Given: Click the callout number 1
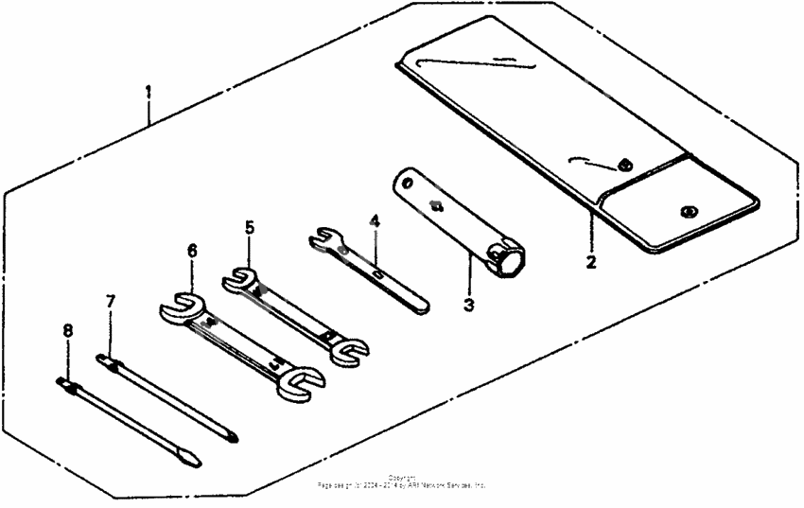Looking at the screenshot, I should pos(148,92).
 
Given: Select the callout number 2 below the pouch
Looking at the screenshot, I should pos(591,262).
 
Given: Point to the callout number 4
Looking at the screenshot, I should pos(375,221).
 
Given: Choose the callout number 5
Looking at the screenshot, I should pos(249,228).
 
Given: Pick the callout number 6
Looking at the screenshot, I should pos(192,251).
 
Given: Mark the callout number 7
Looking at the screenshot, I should pos(111,301).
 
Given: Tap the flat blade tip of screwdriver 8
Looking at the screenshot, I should pos(191,462).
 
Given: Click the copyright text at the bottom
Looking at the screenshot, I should pos(402,482).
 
